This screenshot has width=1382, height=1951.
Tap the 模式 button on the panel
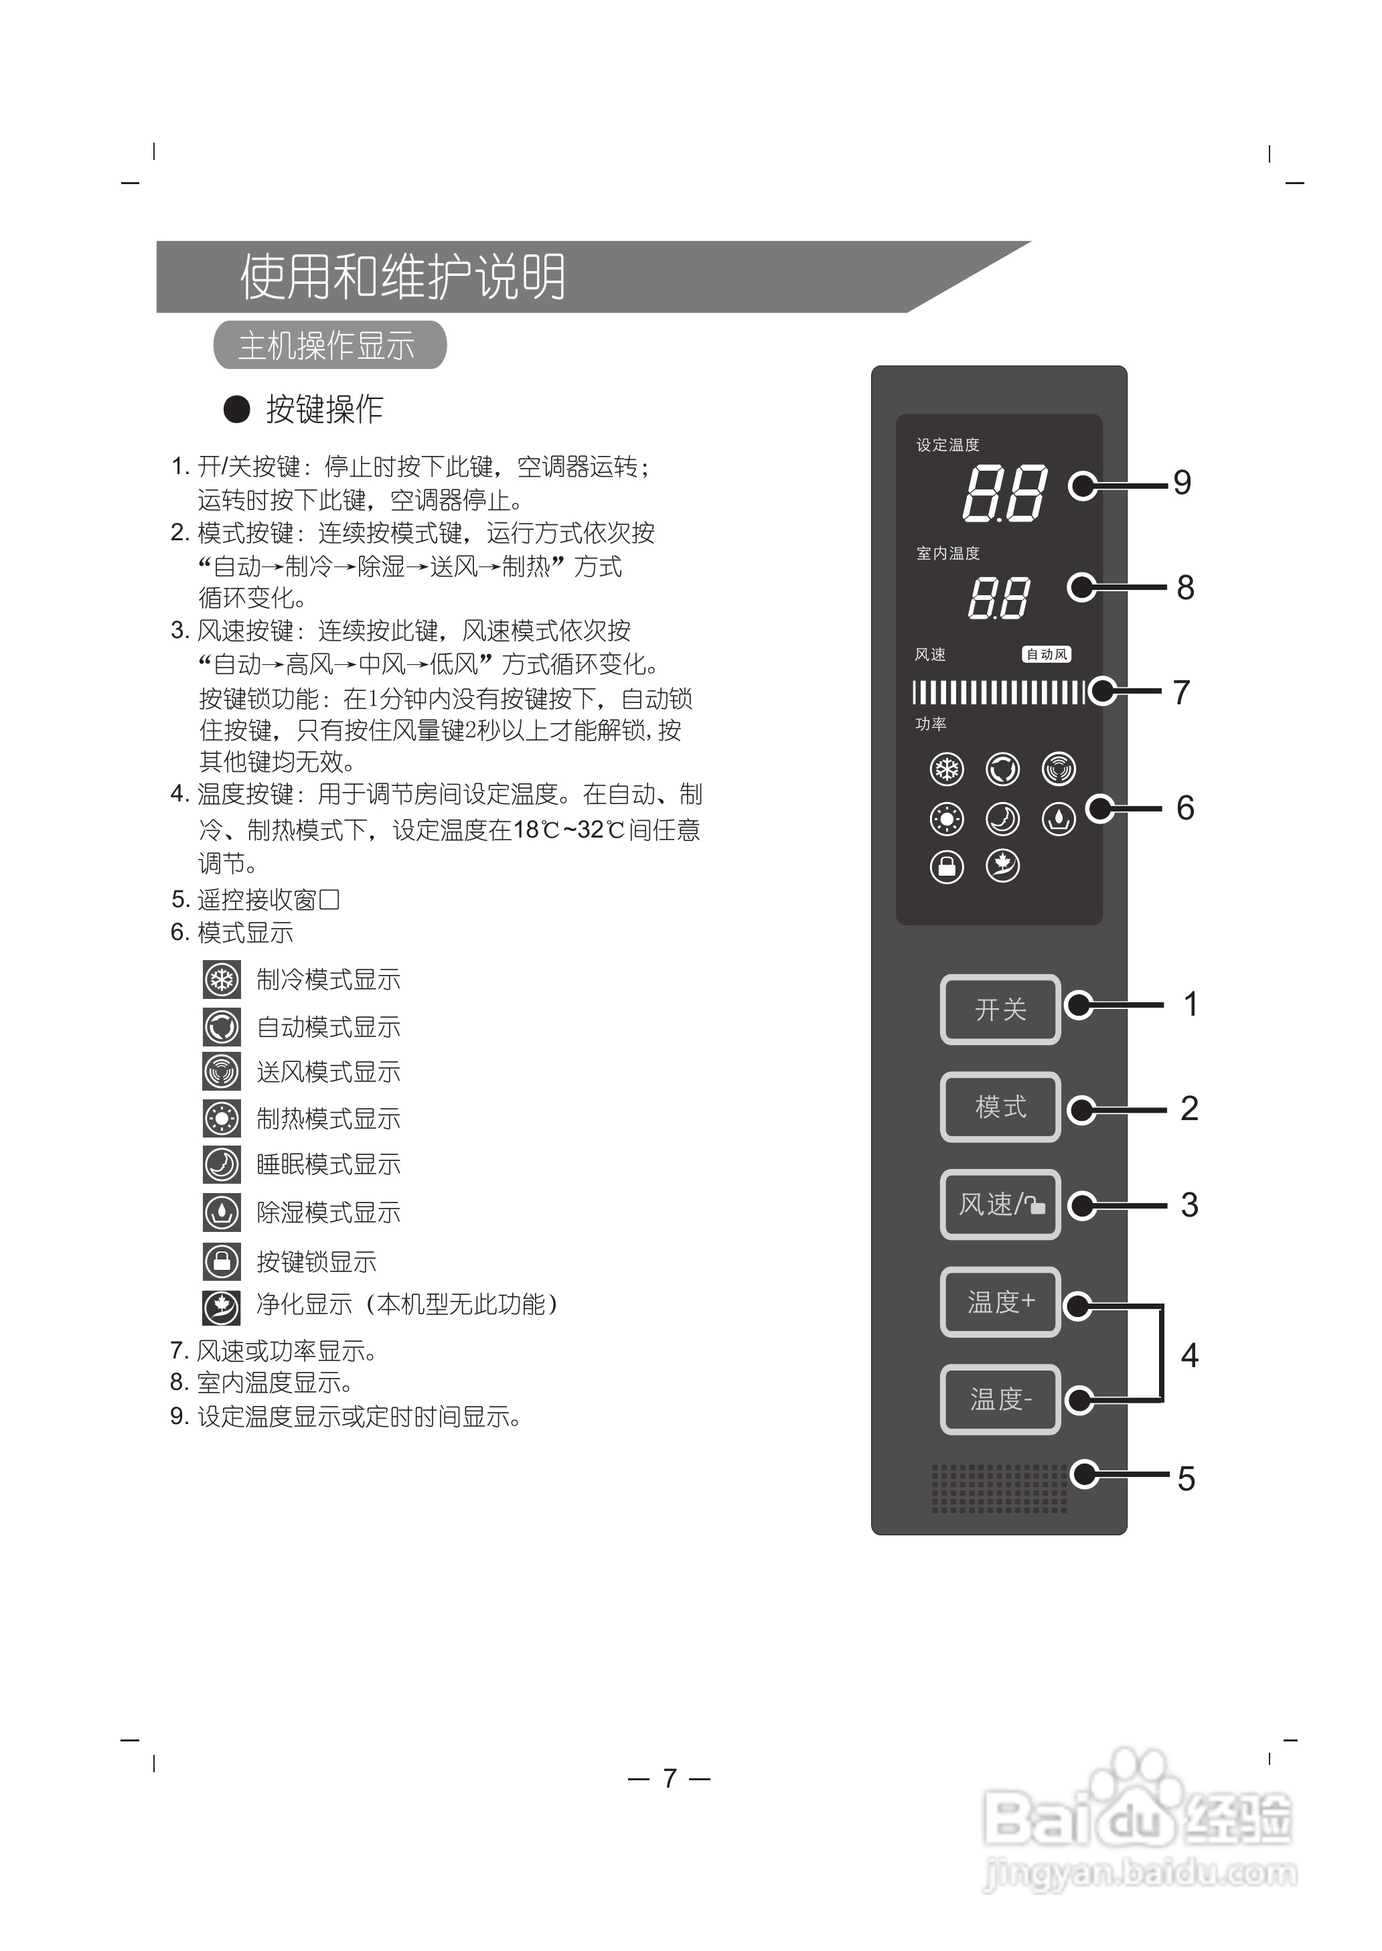(x=1000, y=1106)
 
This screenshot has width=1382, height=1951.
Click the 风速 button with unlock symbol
(x=1000, y=1204)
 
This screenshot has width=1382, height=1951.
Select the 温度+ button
(x=1000, y=1301)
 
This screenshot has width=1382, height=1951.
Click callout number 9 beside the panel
(x=1182, y=483)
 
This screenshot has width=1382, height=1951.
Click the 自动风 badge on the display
(x=1046, y=654)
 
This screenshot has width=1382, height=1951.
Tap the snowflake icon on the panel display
(x=946, y=770)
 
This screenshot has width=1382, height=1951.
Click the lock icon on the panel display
(x=946, y=866)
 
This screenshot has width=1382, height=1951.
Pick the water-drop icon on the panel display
(x=1059, y=819)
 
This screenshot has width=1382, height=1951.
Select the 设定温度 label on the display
(x=947, y=445)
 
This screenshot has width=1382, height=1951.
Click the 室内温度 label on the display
(x=947, y=553)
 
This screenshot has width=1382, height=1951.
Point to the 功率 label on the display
(x=930, y=724)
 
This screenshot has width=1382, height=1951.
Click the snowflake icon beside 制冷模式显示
(x=221, y=980)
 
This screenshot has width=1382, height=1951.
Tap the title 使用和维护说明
(x=402, y=277)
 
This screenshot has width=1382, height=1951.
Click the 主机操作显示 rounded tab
(x=329, y=345)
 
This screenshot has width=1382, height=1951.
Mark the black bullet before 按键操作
(x=236, y=409)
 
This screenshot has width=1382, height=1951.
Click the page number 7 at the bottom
(x=670, y=1778)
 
